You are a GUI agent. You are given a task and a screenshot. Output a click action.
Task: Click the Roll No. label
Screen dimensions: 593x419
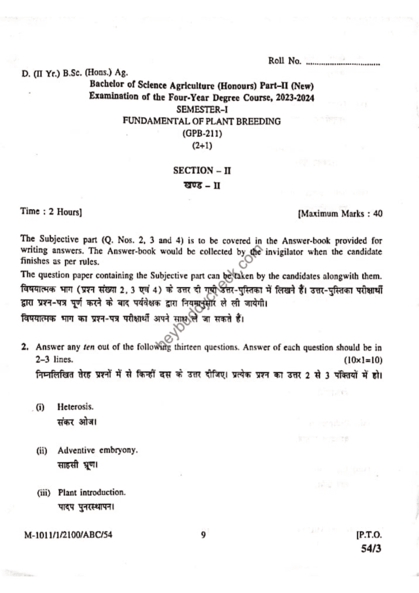285,61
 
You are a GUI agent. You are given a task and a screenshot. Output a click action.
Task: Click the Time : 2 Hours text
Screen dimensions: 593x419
51,213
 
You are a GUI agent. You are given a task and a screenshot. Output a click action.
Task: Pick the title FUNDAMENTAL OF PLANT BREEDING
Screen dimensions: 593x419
202,121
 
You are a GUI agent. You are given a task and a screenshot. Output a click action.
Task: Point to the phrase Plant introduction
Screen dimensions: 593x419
91,492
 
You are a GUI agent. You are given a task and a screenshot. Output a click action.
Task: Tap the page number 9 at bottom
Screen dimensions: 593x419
203,535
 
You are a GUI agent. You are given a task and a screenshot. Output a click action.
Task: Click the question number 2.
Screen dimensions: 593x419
25,347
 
